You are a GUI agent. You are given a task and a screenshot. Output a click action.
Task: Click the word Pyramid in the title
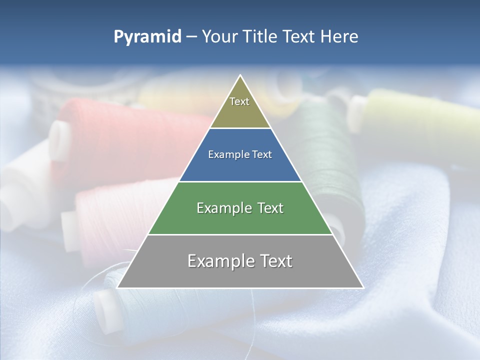tap(147, 37)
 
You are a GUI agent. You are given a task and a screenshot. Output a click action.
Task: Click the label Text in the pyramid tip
tap(239, 101)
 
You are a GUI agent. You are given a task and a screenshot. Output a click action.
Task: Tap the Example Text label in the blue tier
tap(240, 154)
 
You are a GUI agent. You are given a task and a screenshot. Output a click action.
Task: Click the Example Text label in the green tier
tap(240, 208)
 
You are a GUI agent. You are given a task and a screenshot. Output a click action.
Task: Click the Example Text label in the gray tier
tap(240, 261)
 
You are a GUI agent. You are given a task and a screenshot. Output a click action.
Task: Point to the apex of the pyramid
tap(240, 75)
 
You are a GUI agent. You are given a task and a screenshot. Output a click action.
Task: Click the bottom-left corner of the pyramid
tap(117, 287)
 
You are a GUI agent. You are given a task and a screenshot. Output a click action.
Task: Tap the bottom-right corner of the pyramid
tap(363, 287)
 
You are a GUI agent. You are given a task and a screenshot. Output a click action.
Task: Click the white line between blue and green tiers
tap(240, 181)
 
